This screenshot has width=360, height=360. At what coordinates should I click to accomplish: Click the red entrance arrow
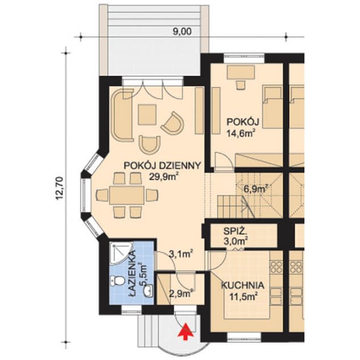click(x=184, y=331)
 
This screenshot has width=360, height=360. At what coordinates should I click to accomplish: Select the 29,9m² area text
click(x=164, y=176)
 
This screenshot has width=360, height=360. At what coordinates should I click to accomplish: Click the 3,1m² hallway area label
click(x=180, y=254)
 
